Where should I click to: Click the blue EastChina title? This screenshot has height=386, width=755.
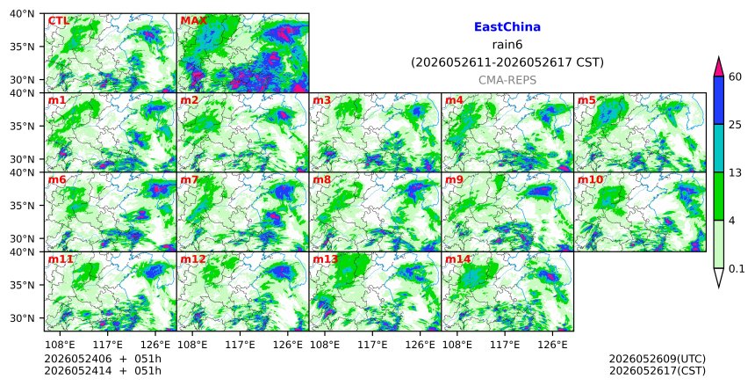coord(507,27)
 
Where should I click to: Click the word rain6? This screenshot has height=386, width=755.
coord(507,45)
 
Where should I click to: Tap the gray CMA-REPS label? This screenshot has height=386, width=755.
coord(507,80)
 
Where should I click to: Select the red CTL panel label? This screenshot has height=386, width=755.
coord(58,21)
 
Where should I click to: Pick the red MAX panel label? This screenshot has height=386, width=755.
coord(193,21)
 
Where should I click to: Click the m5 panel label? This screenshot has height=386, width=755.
coord(586,100)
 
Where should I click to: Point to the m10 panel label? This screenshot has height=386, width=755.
coord(590,180)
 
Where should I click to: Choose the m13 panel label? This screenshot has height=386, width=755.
coord(326,259)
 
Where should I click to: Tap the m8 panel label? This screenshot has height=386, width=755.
coord(321,180)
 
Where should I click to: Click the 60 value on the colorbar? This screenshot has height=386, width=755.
coord(735,76)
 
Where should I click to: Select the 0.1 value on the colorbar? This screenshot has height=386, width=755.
coord(737,269)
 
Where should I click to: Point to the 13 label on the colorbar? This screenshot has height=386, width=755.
coord(735,172)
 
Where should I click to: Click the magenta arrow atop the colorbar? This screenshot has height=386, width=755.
coord(718,67)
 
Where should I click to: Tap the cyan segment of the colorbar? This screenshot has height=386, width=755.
coord(718,149)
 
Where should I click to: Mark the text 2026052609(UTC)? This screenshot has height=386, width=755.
coord(658,359)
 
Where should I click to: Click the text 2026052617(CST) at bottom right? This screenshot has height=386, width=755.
coord(658,370)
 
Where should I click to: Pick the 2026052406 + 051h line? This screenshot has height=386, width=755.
coord(103,359)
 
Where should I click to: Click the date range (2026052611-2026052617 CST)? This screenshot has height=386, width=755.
coord(507,62)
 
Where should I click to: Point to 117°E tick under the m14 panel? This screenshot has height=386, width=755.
coord(504,345)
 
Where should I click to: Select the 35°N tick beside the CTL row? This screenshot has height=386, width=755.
coord(22,47)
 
